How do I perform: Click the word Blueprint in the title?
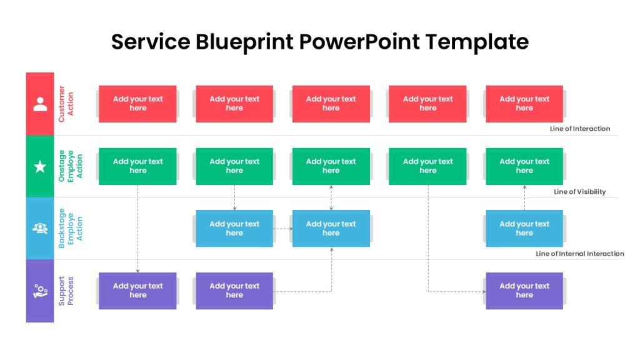point(244,42)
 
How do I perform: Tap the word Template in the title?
point(477,42)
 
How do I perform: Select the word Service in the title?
point(151,42)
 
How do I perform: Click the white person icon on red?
point(40,104)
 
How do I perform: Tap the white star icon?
point(40,166)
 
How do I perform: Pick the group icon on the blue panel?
point(40,228)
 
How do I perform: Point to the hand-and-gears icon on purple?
point(40,291)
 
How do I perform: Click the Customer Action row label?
point(66,104)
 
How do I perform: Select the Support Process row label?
point(66,291)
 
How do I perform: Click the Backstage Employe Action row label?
point(70,228)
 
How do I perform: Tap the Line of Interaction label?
point(579,129)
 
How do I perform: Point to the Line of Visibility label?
point(579,191)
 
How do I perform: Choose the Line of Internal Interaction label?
point(579,254)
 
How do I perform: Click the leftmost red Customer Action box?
point(137,104)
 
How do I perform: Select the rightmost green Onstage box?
point(524,166)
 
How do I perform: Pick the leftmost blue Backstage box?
point(234,228)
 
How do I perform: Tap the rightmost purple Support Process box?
point(524,291)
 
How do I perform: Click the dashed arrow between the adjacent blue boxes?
point(283,229)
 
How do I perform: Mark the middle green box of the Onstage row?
point(331,166)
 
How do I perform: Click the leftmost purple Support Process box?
point(137,291)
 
